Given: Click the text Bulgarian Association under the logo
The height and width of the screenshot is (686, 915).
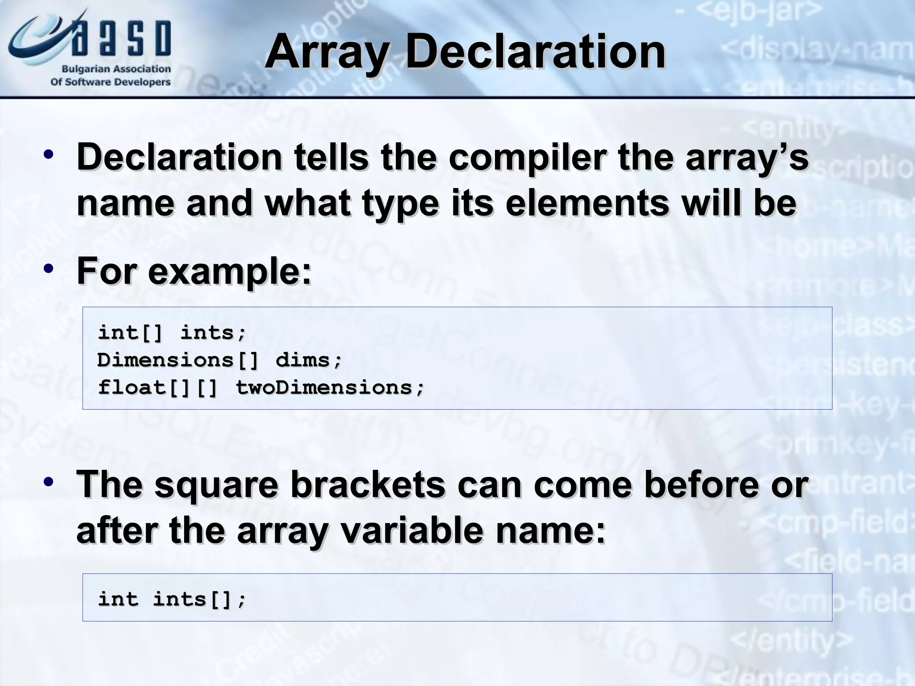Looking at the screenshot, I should (116, 69).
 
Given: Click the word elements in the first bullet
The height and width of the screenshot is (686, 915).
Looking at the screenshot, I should (587, 203).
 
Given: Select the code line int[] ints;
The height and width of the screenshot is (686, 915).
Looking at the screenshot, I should (172, 333).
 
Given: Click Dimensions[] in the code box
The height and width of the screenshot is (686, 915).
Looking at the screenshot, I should (178, 360).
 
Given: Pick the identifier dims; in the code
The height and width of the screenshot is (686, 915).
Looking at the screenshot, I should (309, 360).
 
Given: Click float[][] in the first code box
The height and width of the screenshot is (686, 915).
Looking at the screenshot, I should (157, 388).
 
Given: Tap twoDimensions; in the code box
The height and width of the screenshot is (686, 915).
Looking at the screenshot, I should (330, 388).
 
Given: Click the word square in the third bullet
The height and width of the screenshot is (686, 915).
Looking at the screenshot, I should (217, 485).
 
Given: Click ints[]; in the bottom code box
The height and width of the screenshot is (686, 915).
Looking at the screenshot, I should (199, 599).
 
